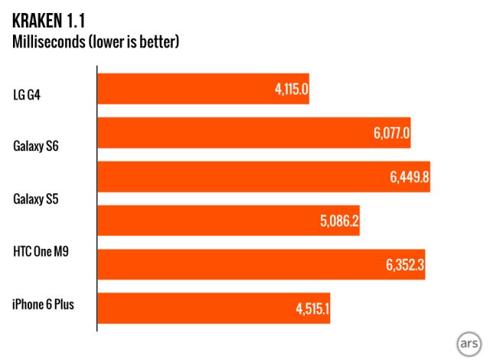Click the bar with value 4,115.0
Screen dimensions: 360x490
(204, 89)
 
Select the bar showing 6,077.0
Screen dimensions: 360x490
(256, 133)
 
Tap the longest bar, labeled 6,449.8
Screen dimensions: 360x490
(263, 177)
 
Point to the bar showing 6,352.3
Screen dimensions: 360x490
(261, 264)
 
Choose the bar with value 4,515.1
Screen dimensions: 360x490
(214, 308)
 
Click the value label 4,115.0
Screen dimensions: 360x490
(291, 89)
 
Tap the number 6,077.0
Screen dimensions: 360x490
(392, 133)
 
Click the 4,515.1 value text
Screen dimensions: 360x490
(309, 308)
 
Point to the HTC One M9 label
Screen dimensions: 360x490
(43, 250)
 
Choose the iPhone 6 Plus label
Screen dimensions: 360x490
(43, 303)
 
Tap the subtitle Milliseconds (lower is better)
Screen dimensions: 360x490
(96, 41)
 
